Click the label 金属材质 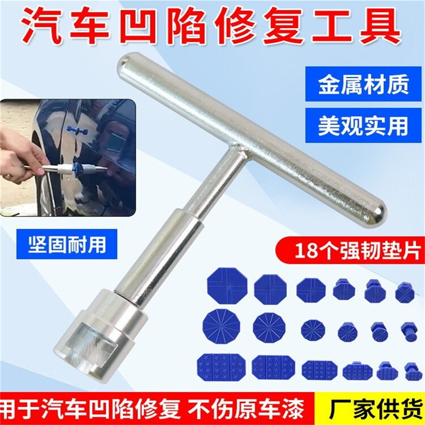[363, 84]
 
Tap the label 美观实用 [363, 126]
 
